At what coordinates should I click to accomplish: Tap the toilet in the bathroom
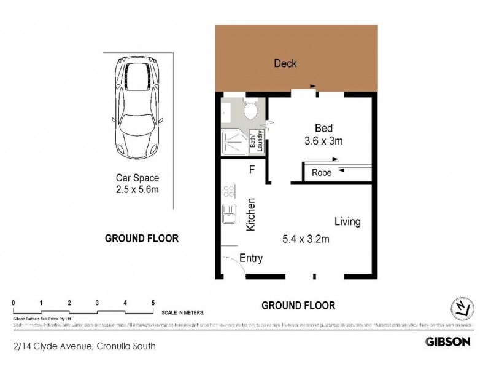tap(250, 111)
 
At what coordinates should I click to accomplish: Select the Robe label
tap(322, 173)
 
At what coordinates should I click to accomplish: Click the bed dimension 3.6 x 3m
tap(324, 141)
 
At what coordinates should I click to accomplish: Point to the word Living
tap(347, 221)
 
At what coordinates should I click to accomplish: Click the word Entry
tap(251, 258)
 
